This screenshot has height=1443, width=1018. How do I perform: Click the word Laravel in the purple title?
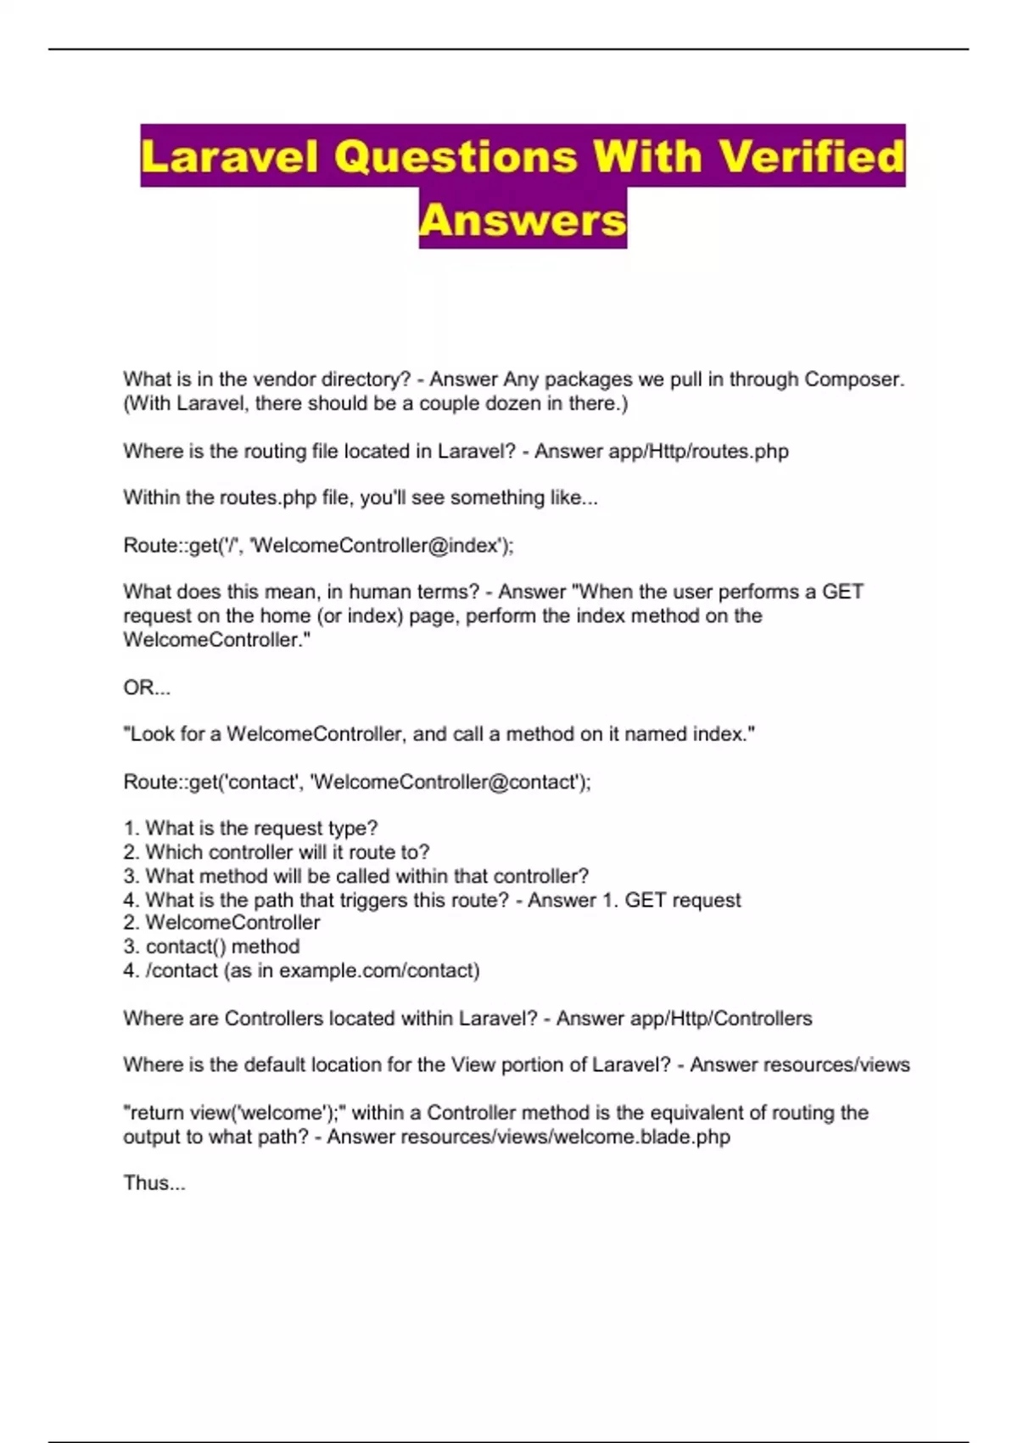(x=229, y=157)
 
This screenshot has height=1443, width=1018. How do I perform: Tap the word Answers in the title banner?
(x=523, y=220)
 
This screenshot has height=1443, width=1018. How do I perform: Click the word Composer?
(x=852, y=379)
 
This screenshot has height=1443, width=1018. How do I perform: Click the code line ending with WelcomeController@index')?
(x=318, y=545)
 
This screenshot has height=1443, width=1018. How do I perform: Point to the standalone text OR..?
(x=146, y=688)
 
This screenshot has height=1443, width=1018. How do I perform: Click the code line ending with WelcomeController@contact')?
(x=356, y=782)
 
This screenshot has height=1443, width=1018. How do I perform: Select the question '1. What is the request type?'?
(x=250, y=828)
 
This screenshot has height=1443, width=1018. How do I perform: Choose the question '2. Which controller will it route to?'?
(x=277, y=851)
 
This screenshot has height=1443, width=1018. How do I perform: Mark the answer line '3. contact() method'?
(x=211, y=946)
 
